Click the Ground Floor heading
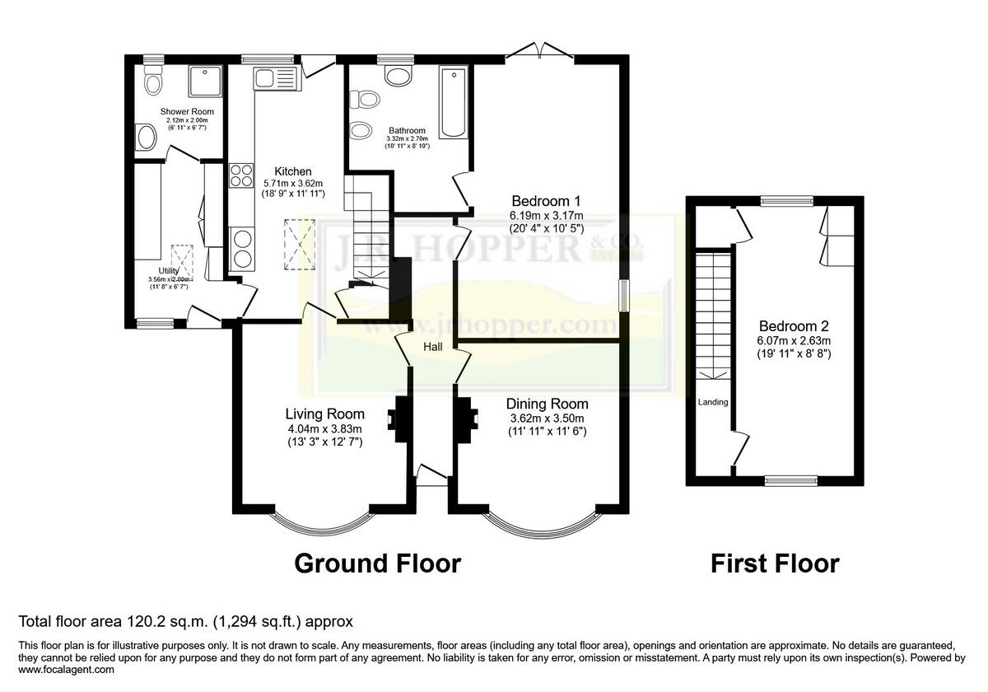377,563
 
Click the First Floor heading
775,563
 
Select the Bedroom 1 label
547,201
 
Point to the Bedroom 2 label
795,325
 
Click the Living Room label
324,414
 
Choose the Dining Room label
547,404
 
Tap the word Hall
433,347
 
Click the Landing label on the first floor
713,402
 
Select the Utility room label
169,270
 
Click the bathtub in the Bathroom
454,104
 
